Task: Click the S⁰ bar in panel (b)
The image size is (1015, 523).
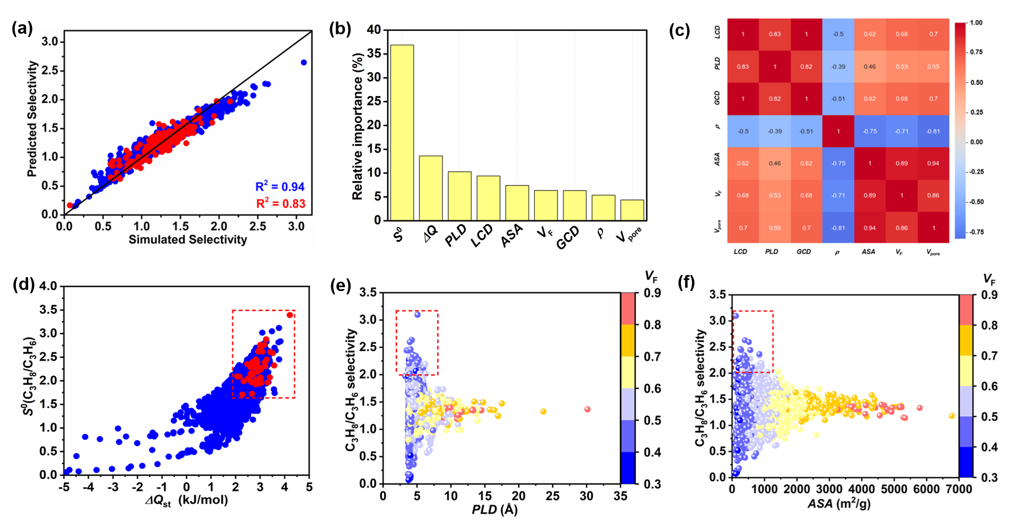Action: (402, 133)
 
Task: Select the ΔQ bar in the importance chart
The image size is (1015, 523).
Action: (431, 188)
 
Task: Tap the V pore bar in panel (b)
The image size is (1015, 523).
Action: (632, 210)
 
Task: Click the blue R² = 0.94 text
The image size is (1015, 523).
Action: (280, 187)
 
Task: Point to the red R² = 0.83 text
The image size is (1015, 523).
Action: (280, 204)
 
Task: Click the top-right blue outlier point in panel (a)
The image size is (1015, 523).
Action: (303, 62)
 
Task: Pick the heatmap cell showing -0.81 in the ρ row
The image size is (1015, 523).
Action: (933, 131)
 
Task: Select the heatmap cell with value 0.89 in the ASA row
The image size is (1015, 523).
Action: (901, 163)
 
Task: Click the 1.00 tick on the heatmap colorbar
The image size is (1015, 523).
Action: (976, 23)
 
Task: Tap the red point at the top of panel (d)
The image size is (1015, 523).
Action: (290, 315)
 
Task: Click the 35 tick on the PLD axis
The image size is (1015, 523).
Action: (620, 496)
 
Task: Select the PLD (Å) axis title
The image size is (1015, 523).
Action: (495, 509)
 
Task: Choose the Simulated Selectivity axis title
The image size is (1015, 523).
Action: (188, 240)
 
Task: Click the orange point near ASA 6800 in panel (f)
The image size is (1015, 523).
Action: (952, 416)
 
